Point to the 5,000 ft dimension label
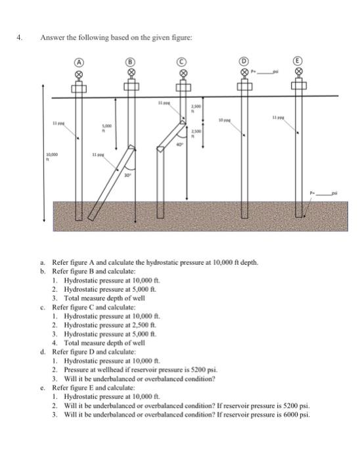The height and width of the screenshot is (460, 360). pyautogui.click(x=102, y=128)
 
